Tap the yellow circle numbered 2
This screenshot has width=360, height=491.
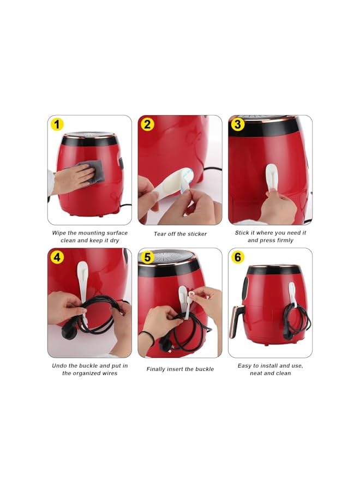click(147, 124)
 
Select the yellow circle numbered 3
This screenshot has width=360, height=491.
click(238, 124)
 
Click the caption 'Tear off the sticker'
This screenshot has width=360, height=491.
click(180, 234)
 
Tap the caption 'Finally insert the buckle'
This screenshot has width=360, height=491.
click(180, 369)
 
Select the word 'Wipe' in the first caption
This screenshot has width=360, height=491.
click(59, 233)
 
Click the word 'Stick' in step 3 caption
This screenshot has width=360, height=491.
click(242, 233)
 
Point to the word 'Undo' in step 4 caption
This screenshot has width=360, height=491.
click(60, 366)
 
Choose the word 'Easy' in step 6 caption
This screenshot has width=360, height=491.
click(245, 366)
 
